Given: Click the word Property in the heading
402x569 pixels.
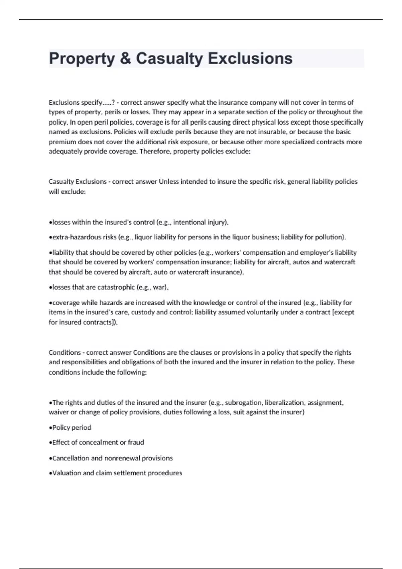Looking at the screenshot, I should pyautogui.click(x=82, y=59).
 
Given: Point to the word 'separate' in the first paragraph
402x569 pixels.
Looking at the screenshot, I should pyautogui.click(x=230, y=112).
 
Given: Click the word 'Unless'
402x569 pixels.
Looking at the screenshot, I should pyautogui.click(x=169, y=182).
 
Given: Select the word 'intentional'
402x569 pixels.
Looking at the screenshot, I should pyautogui.click(x=189, y=222).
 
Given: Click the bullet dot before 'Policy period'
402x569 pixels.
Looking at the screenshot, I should pyautogui.click(x=50, y=428).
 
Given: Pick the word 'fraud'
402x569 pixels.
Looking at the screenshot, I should pyautogui.click(x=136, y=442).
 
